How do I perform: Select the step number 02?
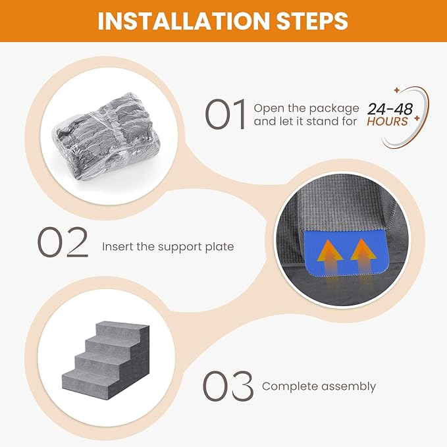(63, 243)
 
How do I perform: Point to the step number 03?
(228, 386)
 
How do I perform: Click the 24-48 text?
(390, 109)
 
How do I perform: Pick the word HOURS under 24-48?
(388, 122)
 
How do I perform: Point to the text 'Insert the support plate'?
(168, 247)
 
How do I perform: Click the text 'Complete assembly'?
(319, 386)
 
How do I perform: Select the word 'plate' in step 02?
(220, 247)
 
